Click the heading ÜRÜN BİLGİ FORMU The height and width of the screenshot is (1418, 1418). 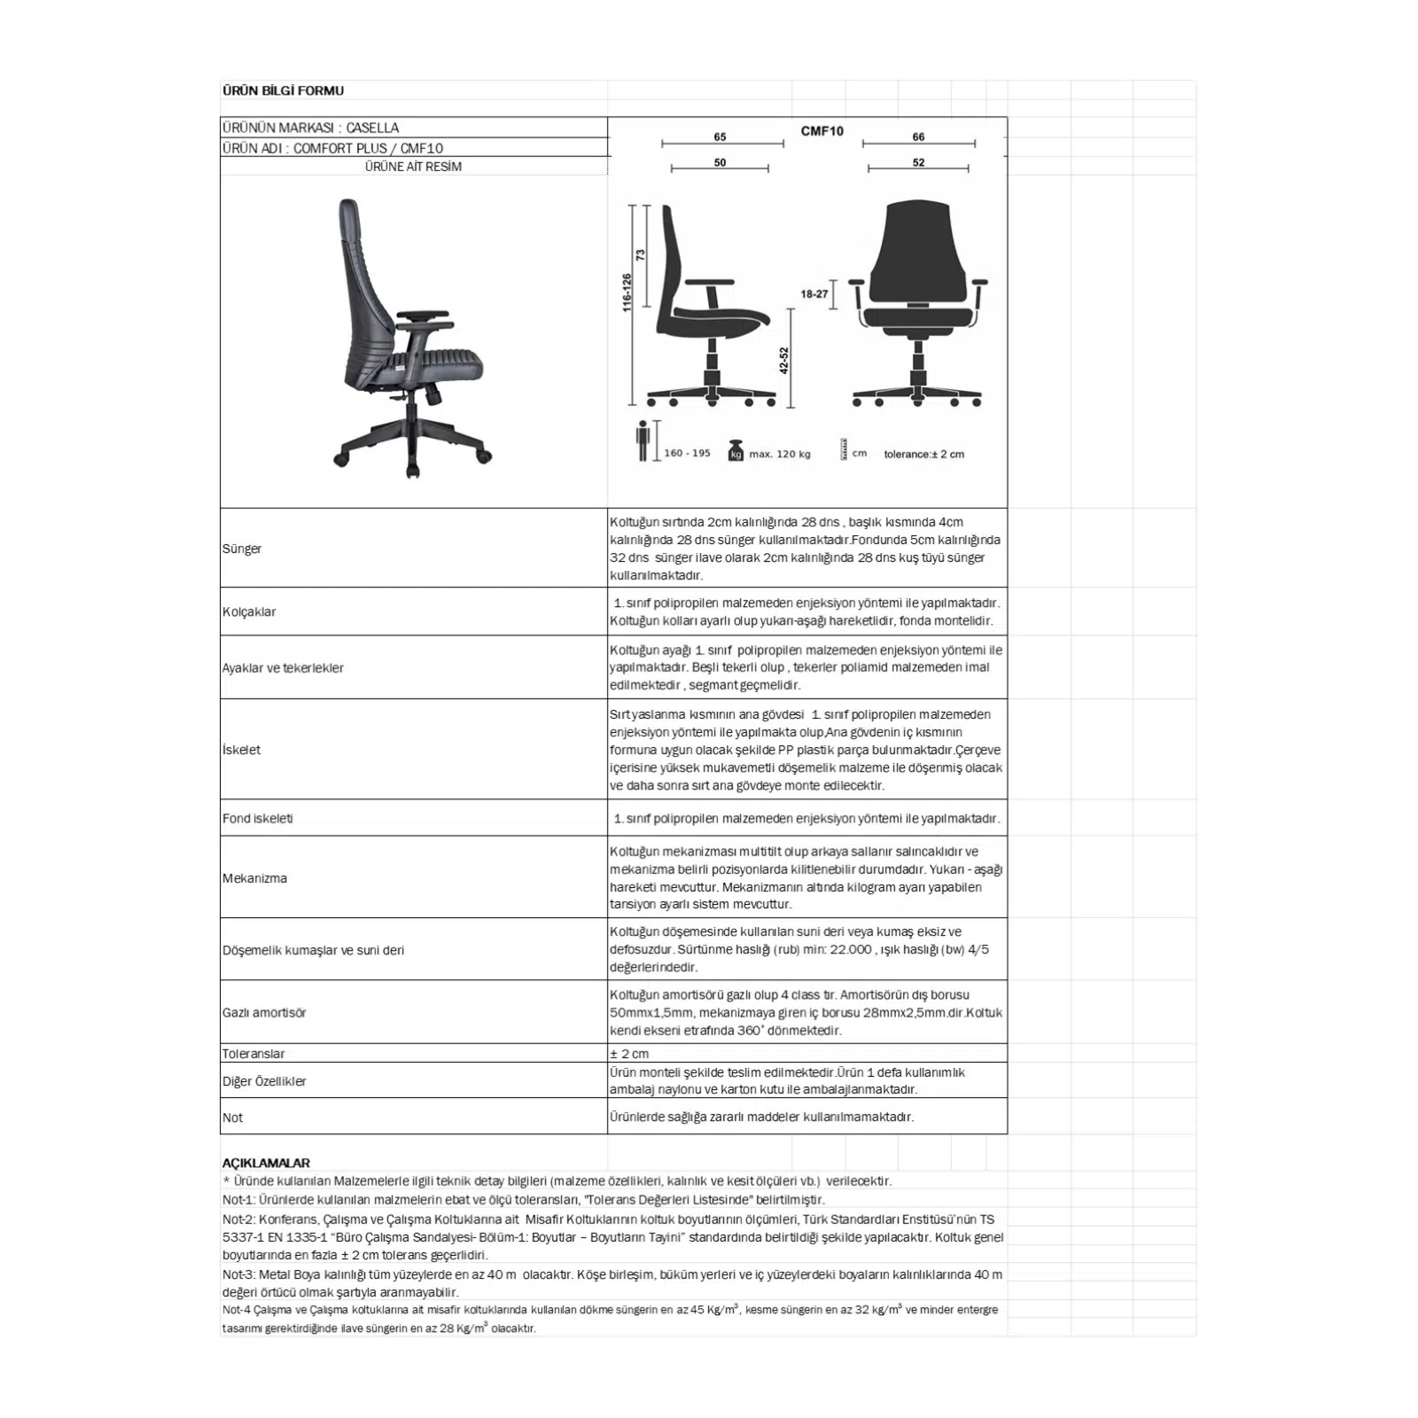tap(283, 90)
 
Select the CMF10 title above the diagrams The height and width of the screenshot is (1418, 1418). tap(822, 131)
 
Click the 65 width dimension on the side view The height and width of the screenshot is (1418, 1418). tap(720, 136)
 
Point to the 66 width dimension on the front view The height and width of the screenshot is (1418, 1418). tap(918, 136)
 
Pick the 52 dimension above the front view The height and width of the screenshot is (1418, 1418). tap(918, 162)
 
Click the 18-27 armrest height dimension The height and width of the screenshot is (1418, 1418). tap(814, 294)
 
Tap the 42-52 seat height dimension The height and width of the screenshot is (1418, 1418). tap(783, 360)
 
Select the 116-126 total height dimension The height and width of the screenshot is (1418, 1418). tap(627, 292)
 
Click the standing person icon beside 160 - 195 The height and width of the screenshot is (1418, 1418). tap(643, 441)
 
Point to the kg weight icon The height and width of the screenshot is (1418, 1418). tap(735, 451)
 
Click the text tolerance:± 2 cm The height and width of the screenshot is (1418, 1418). tap(923, 454)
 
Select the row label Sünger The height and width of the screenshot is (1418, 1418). tap(242, 549)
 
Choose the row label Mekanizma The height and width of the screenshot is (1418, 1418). tap(254, 878)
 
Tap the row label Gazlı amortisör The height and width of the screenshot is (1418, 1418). tap(264, 1012)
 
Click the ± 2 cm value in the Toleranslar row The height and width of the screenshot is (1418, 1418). tap(629, 1054)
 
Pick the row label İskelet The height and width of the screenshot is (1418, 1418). tap(241, 750)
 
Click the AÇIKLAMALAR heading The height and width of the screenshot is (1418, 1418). tap(266, 1163)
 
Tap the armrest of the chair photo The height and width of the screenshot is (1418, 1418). tap(423, 316)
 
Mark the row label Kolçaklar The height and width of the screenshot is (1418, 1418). tap(249, 612)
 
